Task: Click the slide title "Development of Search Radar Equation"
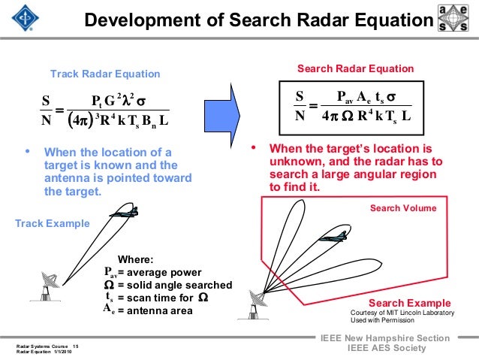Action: pos(259,19)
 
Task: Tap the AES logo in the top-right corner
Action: pos(456,19)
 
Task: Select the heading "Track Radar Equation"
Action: pos(104,74)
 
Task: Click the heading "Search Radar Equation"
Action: pos(355,68)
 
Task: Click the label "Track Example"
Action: pos(53,223)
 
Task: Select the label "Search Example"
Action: pos(415,303)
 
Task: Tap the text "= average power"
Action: pos(160,271)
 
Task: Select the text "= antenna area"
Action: pos(155,310)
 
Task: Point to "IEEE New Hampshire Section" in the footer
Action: pos(385,338)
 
